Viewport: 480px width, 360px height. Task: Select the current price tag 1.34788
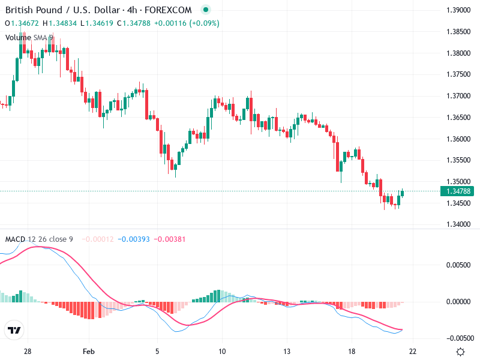458,191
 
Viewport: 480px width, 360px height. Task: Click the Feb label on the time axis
89,352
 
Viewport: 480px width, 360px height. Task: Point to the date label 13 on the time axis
287,352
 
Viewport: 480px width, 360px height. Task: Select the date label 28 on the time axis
28,352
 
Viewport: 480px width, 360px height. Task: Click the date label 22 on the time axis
413,352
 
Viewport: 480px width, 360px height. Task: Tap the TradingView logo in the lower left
14,330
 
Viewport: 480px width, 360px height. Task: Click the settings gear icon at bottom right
460,352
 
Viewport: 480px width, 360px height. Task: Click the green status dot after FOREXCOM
206,10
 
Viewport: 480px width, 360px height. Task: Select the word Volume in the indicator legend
18,37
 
